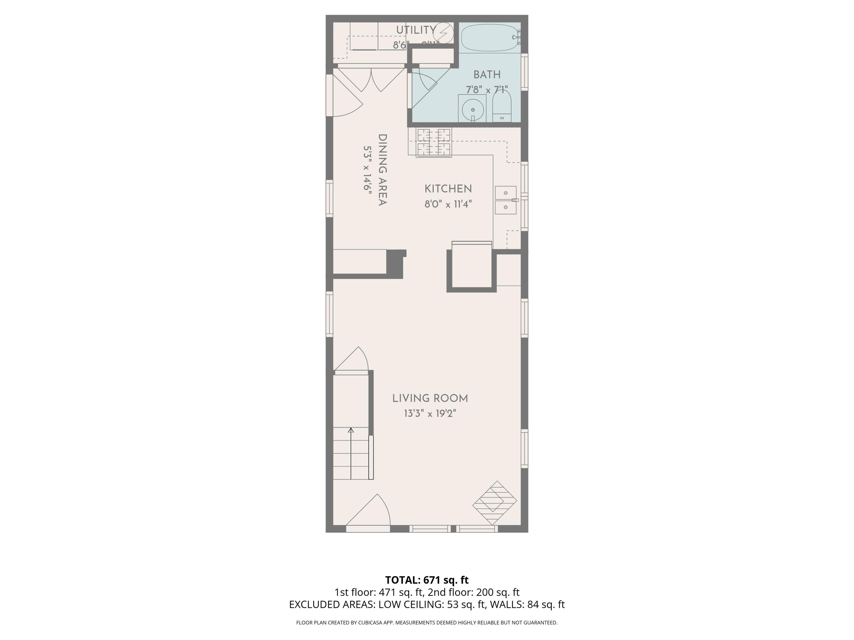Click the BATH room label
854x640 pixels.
click(487, 75)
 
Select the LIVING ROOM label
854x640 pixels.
click(430, 399)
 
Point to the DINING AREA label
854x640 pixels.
click(382, 170)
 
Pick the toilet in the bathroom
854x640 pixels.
click(502, 107)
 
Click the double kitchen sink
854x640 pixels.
click(505, 200)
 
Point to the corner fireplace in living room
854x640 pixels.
click(494, 503)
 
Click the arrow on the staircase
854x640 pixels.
click(351, 430)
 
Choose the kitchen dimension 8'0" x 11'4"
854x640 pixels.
click(448, 204)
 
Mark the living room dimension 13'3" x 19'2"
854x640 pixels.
click(430, 414)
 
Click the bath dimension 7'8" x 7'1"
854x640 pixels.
click(486, 90)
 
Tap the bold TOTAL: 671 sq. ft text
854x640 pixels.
click(427, 580)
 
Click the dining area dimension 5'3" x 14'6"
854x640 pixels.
click(367, 169)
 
